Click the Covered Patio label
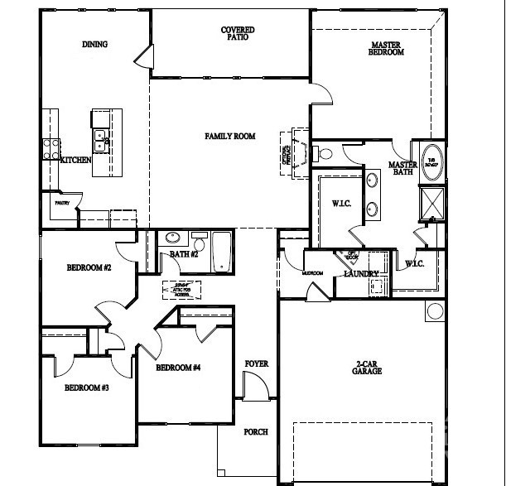click(x=238, y=33)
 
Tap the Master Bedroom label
click(x=386, y=48)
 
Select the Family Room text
click(x=230, y=136)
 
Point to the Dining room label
click(x=95, y=45)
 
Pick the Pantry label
click(x=61, y=202)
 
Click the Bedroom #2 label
click(x=89, y=267)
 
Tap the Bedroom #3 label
click(x=87, y=387)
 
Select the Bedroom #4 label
click(x=179, y=368)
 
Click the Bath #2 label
click(x=184, y=254)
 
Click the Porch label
click(x=255, y=431)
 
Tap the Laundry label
click(x=362, y=274)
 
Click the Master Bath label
click(x=402, y=169)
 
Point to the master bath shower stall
click(x=432, y=203)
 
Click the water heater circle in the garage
click(x=435, y=312)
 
